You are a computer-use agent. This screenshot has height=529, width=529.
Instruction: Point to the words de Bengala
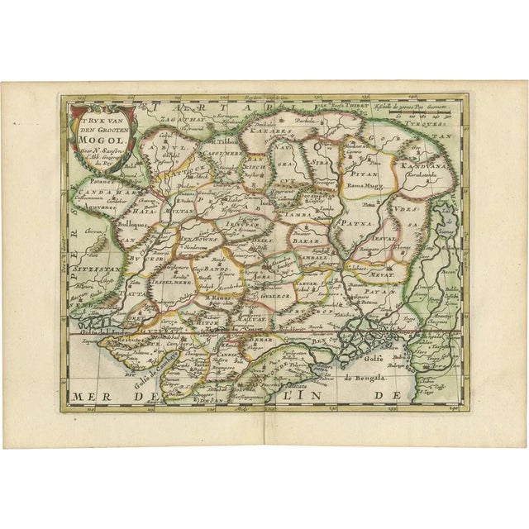point(360,382)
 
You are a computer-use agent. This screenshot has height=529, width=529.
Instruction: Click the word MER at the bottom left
point(90,396)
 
